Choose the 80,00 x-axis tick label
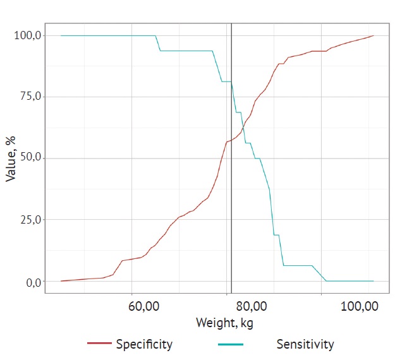[252, 306]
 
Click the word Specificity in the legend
[144, 344]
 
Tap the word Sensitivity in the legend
[305, 344]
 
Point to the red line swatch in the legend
[100, 344]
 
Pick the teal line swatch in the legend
[230, 344]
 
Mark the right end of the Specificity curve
[374, 35]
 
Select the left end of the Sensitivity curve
[61, 35]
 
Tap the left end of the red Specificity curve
[61, 281]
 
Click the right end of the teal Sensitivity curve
[374, 281]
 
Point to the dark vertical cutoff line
[232, 189]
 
